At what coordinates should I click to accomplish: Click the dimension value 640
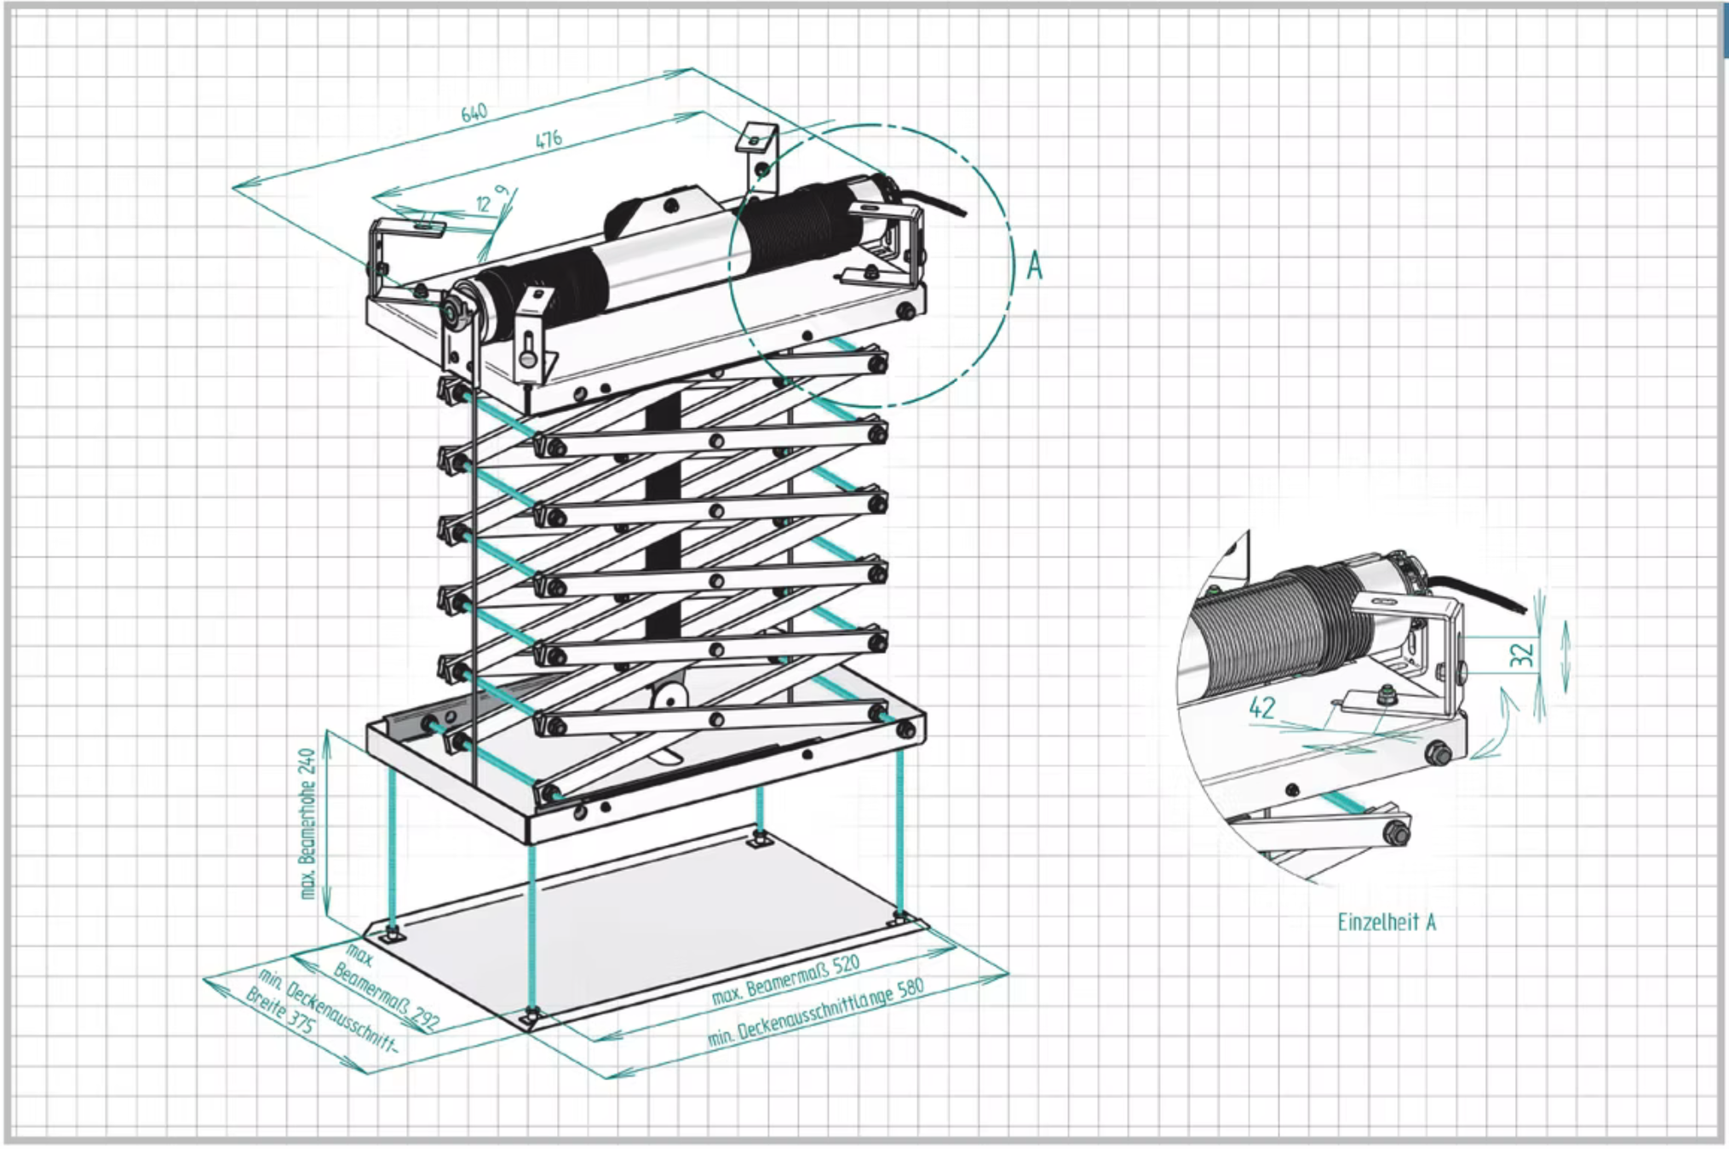pos(474,112)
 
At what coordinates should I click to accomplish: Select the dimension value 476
pos(549,139)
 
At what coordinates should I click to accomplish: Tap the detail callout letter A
pos(1034,266)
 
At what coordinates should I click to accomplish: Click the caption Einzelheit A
pos(1387,922)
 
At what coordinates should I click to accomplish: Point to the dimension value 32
pos(1521,655)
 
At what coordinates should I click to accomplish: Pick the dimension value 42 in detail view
pos(1261,707)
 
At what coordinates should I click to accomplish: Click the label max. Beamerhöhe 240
pos(307,823)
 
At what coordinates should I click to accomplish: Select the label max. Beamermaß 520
pos(785,980)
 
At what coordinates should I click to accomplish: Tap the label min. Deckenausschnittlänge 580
pos(815,1014)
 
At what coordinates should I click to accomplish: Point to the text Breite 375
pos(280,1010)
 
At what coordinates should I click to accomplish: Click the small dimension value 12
pos(484,203)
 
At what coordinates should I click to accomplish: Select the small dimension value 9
pos(503,191)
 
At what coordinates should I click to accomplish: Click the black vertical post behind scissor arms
pos(663,528)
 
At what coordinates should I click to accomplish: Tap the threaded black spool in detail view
pos(1278,630)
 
